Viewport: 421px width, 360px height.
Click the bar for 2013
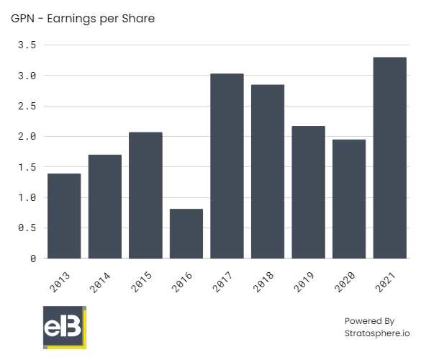(64, 216)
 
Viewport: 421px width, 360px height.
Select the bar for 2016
(186, 233)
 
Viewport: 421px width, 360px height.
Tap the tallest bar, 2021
(390, 158)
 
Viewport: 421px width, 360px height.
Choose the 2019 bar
(309, 192)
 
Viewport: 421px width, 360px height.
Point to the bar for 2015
(145, 195)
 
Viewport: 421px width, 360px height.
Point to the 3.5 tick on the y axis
(27, 45)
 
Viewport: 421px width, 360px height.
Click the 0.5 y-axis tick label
(27, 228)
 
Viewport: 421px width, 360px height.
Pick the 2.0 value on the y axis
(27, 137)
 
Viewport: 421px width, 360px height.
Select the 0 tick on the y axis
(32, 258)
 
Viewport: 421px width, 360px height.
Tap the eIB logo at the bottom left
(64, 328)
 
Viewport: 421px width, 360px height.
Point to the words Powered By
(369, 320)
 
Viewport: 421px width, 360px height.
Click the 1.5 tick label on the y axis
(27, 167)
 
